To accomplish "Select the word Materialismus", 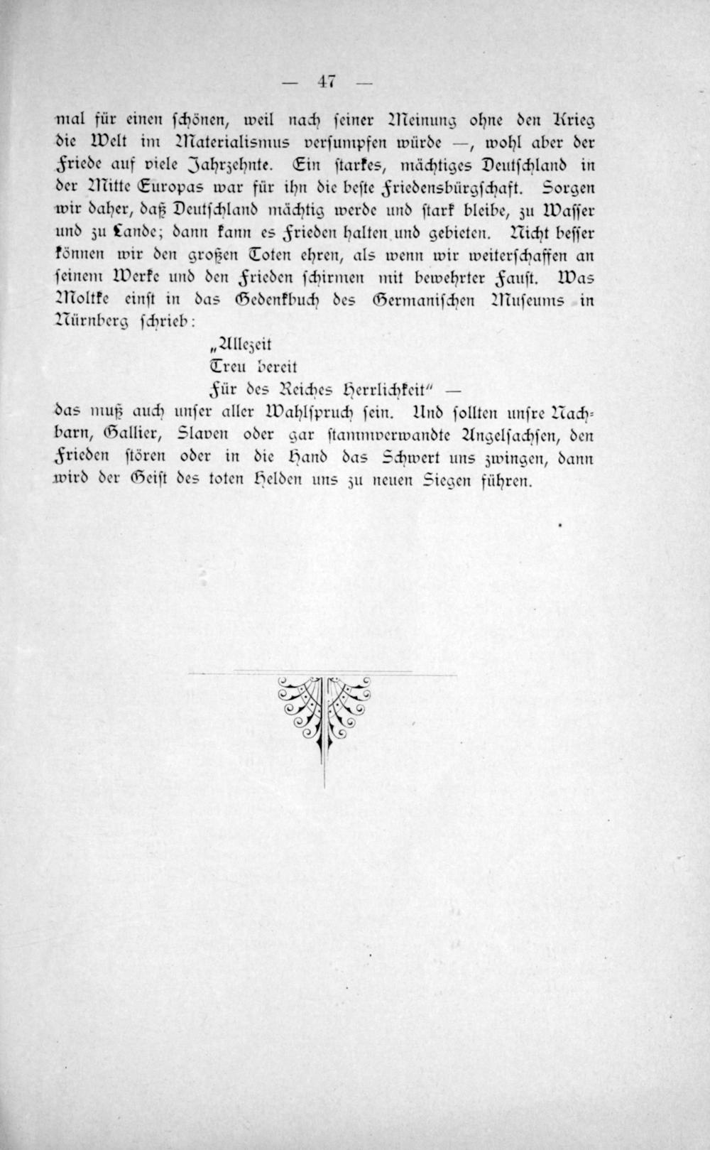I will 226,141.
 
